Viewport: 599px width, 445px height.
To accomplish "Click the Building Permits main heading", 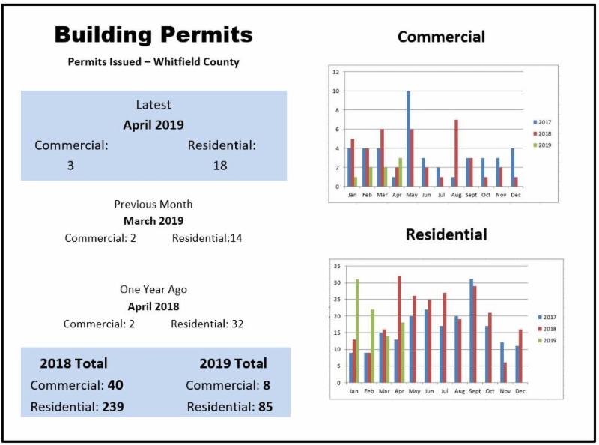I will (153, 34).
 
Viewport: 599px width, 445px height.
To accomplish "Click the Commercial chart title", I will (441, 37).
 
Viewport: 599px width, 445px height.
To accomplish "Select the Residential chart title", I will (446, 234).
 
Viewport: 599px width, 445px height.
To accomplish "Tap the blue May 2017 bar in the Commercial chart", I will (408, 139).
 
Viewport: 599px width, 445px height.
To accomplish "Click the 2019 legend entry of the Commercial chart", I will (544, 145).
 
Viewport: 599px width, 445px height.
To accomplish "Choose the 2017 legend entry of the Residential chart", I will (548, 317).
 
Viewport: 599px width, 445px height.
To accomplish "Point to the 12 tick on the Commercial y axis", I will (336, 72).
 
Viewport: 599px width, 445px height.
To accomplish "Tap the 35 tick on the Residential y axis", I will (337, 266).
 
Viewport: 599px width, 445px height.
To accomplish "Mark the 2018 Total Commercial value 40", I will (115, 385).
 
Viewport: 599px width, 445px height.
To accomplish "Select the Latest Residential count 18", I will (219, 165).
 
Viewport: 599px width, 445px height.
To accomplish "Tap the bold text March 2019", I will (153, 221).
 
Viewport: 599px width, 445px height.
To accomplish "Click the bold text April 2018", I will (153, 306).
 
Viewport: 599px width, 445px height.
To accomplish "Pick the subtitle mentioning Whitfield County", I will (153, 62).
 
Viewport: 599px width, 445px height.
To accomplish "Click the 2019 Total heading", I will (233, 363).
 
